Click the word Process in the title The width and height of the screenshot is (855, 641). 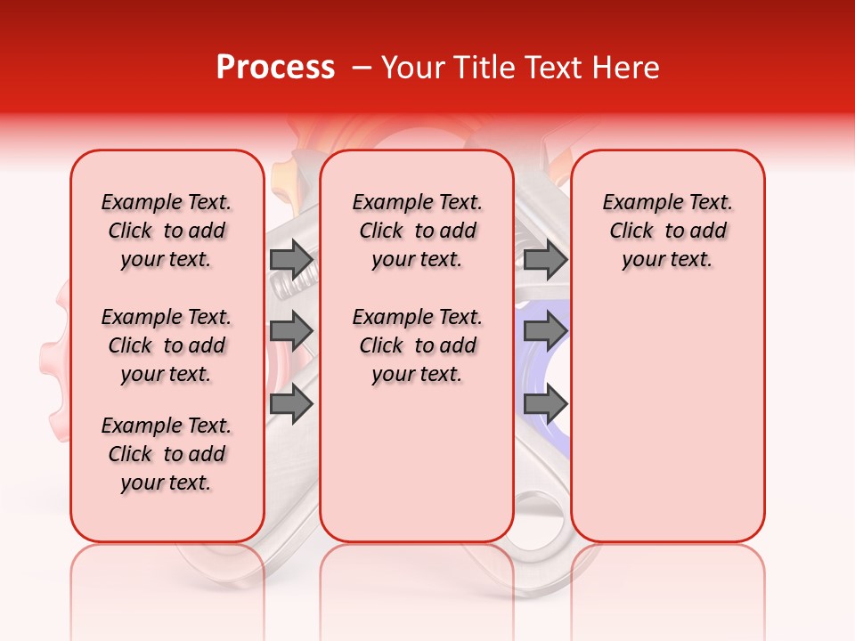coord(274,68)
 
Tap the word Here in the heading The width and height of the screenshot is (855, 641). coord(627,68)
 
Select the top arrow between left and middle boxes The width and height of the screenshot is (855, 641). coord(291,259)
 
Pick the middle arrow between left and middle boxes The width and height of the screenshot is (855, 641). coord(291,330)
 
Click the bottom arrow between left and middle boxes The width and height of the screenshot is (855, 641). coord(291,404)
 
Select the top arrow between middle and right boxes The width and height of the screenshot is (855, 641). coord(545,259)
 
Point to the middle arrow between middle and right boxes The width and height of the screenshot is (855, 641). coord(545,330)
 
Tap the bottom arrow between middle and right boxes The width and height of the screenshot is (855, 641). coord(545,404)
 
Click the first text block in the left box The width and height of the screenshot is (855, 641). coord(167,231)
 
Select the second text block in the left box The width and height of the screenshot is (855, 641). coord(167,345)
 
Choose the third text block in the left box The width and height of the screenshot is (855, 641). coord(167,454)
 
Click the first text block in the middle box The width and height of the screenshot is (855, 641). coord(417,231)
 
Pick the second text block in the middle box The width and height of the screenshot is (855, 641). coord(417,345)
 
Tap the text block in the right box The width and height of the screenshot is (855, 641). coord(667,231)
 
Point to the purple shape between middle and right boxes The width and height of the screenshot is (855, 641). coord(541,365)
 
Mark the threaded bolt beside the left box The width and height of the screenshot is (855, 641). coord(289,285)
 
